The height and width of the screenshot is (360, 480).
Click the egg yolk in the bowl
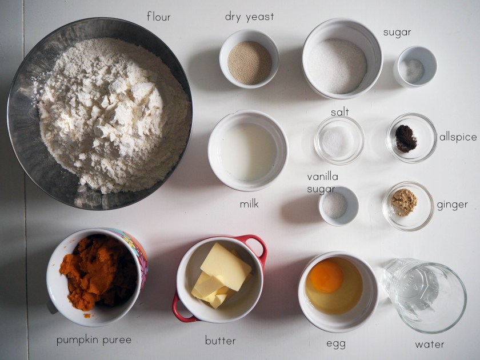(x=326, y=277)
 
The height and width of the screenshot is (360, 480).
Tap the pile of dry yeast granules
(x=250, y=62)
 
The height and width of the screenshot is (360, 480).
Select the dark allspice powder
(x=406, y=139)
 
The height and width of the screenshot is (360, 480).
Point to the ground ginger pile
(x=404, y=202)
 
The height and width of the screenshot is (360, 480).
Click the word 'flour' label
(x=158, y=16)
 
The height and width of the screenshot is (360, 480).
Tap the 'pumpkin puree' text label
(x=94, y=341)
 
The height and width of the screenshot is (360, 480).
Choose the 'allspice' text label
(x=458, y=137)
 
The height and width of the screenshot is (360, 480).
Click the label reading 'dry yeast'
(x=249, y=17)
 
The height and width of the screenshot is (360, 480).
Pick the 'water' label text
(x=430, y=345)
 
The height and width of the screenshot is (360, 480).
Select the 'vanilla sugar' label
(x=323, y=183)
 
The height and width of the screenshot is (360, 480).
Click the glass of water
(x=425, y=295)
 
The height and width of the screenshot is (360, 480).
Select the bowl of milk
(x=247, y=151)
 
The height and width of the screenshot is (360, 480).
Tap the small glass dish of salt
(x=339, y=140)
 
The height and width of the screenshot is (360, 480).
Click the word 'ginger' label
(x=452, y=205)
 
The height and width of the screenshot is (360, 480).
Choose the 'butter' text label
(x=220, y=340)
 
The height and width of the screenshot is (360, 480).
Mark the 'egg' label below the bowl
(x=336, y=343)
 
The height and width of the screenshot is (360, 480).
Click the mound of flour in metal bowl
(x=114, y=115)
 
